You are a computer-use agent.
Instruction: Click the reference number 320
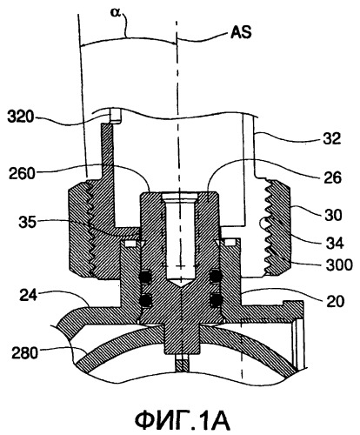point(20,117)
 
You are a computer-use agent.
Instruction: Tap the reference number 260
point(22,174)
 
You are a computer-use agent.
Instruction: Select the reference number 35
point(28,223)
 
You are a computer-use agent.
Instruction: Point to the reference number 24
point(29,296)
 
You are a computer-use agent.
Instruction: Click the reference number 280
point(25,353)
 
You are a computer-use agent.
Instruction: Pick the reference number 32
point(332,139)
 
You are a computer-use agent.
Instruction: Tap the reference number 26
point(333,177)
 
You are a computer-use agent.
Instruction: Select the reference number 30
point(333,215)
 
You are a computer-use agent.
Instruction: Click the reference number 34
point(335,243)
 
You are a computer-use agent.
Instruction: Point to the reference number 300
point(339,265)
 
